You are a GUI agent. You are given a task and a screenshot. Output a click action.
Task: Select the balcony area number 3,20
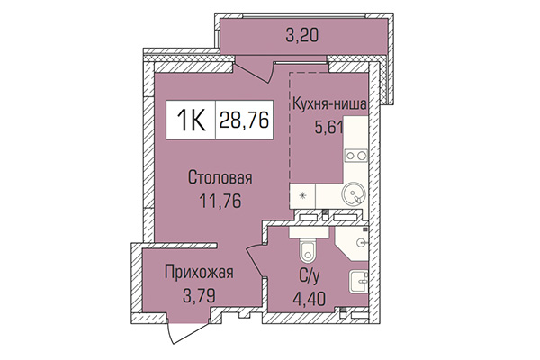(301, 37)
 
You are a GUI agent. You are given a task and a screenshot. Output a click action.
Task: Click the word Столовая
(213, 176)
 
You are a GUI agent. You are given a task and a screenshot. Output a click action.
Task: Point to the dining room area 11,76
(213, 199)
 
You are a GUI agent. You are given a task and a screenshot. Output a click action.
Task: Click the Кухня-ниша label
(328, 104)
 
